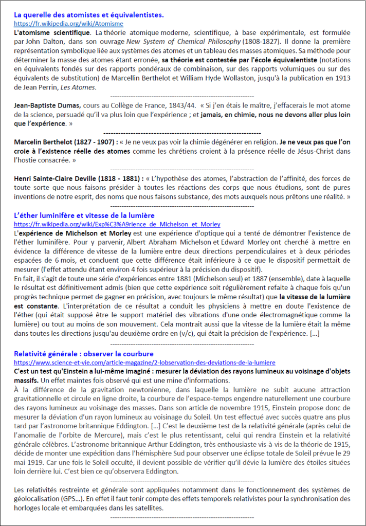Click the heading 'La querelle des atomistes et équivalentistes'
tap(89, 15)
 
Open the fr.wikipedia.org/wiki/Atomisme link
tap(68, 24)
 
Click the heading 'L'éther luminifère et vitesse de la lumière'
tap(84, 215)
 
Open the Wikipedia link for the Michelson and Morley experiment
tap(117, 224)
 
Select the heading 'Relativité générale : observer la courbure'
tap(84, 354)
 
